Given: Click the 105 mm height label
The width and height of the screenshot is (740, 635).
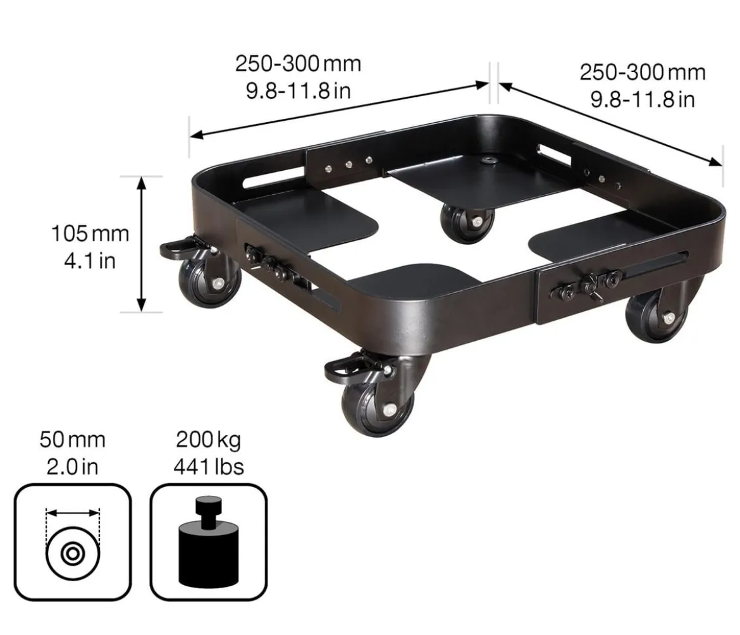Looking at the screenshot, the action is coord(90,233).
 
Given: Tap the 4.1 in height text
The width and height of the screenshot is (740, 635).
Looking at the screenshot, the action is coord(90,261).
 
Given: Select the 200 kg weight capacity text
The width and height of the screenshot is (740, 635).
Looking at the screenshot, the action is coord(208,440).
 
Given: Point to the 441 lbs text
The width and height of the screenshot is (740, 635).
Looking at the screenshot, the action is coord(209,467).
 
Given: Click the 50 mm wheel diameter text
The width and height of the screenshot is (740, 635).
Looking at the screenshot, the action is coord(72,440).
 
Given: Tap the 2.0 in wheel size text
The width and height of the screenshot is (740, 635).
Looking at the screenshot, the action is coord(72,467).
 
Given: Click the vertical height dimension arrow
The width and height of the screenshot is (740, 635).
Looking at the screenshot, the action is coord(141,244).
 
